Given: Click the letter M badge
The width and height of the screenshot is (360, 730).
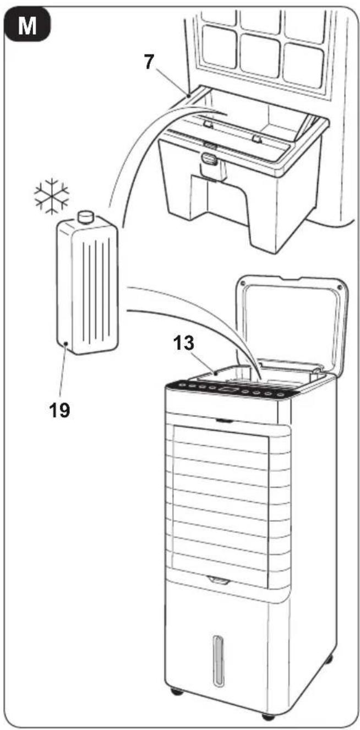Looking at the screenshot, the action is tap(27, 25).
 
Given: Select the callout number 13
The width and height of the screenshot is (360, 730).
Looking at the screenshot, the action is tap(184, 343).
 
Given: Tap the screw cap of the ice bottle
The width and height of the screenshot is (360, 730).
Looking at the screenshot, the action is tap(85, 217).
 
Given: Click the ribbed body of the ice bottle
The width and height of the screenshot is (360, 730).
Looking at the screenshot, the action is tap(88, 284).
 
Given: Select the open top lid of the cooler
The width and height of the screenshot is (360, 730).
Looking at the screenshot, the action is tap(292, 323).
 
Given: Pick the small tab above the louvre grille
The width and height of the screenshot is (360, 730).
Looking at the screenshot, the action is tap(225, 421).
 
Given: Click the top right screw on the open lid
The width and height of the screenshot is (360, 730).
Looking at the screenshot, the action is tap(339, 287).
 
